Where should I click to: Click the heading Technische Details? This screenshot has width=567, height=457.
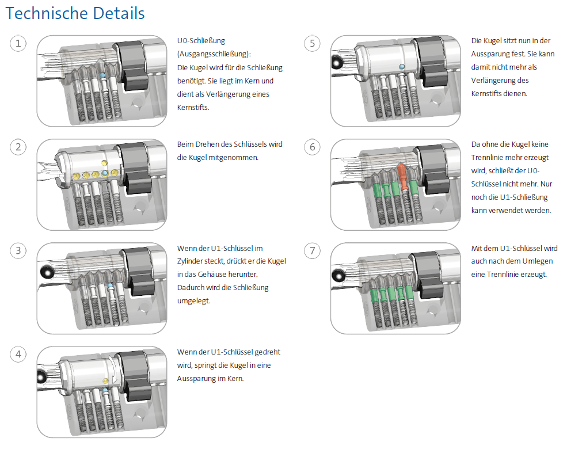pyautogui.click(x=75, y=13)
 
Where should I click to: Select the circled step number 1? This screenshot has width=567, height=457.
pyautogui.click(x=18, y=43)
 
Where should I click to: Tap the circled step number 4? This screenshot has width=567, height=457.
pyautogui.click(x=18, y=354)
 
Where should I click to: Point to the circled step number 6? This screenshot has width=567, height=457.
pyautogui.click(x=313, y=147)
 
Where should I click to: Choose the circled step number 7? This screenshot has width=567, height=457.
pyautogui.click(x=313, y=250)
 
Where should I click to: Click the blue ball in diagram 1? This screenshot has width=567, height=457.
pyautogui.click(x=102, y=75)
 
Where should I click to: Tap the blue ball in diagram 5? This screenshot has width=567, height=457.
pyautogui.click(x=401, y=67)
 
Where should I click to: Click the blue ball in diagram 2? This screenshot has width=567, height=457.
pyautogui.click(x=105, y=173)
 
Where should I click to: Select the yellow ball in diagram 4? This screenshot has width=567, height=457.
pyautogui.click(x=105, y=381)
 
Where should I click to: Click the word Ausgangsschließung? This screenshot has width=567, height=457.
pyautogui.click(x=212, y=54)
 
